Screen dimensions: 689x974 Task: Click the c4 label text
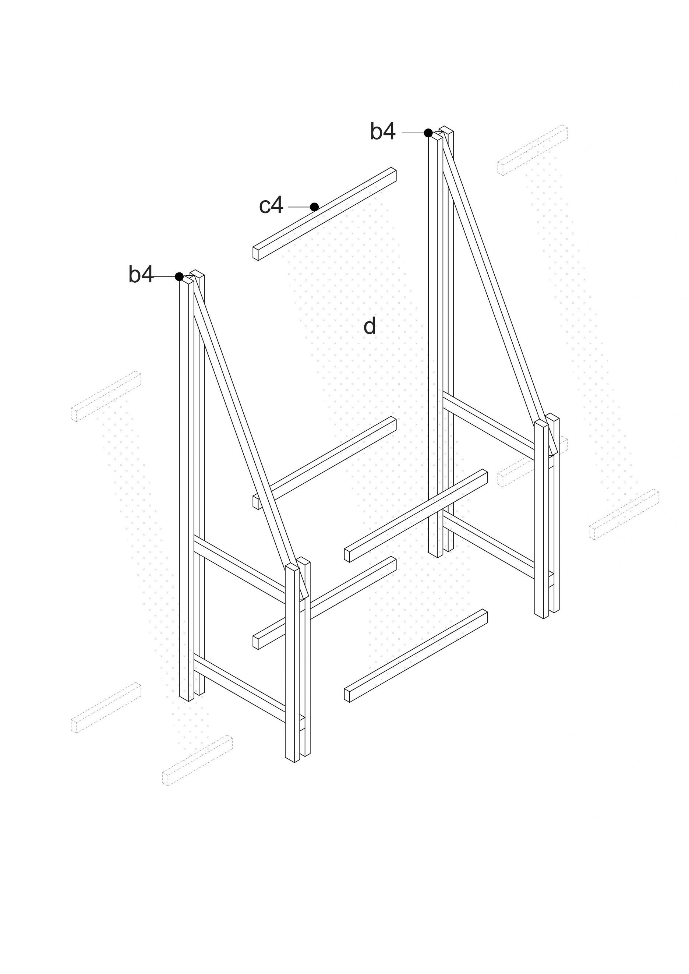click(x=271, y=206)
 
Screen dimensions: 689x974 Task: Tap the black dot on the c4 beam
click(x=314, y=207)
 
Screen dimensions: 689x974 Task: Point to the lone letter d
click(x=370, y=326)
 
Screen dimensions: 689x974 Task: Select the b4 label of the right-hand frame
click(x=383, y=131)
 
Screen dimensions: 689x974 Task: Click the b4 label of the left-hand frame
click(x=141, y=275)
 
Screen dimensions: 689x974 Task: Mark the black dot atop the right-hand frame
click(x=428, y=133)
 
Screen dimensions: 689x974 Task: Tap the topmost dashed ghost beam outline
click(x=533, y=150)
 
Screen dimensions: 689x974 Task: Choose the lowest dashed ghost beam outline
click(x=197, y=761)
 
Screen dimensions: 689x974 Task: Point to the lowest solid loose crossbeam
click(x=416, y=656)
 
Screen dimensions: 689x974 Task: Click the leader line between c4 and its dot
click(x=300, y=207)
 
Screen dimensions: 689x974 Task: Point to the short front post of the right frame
click(x=541, y=518)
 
